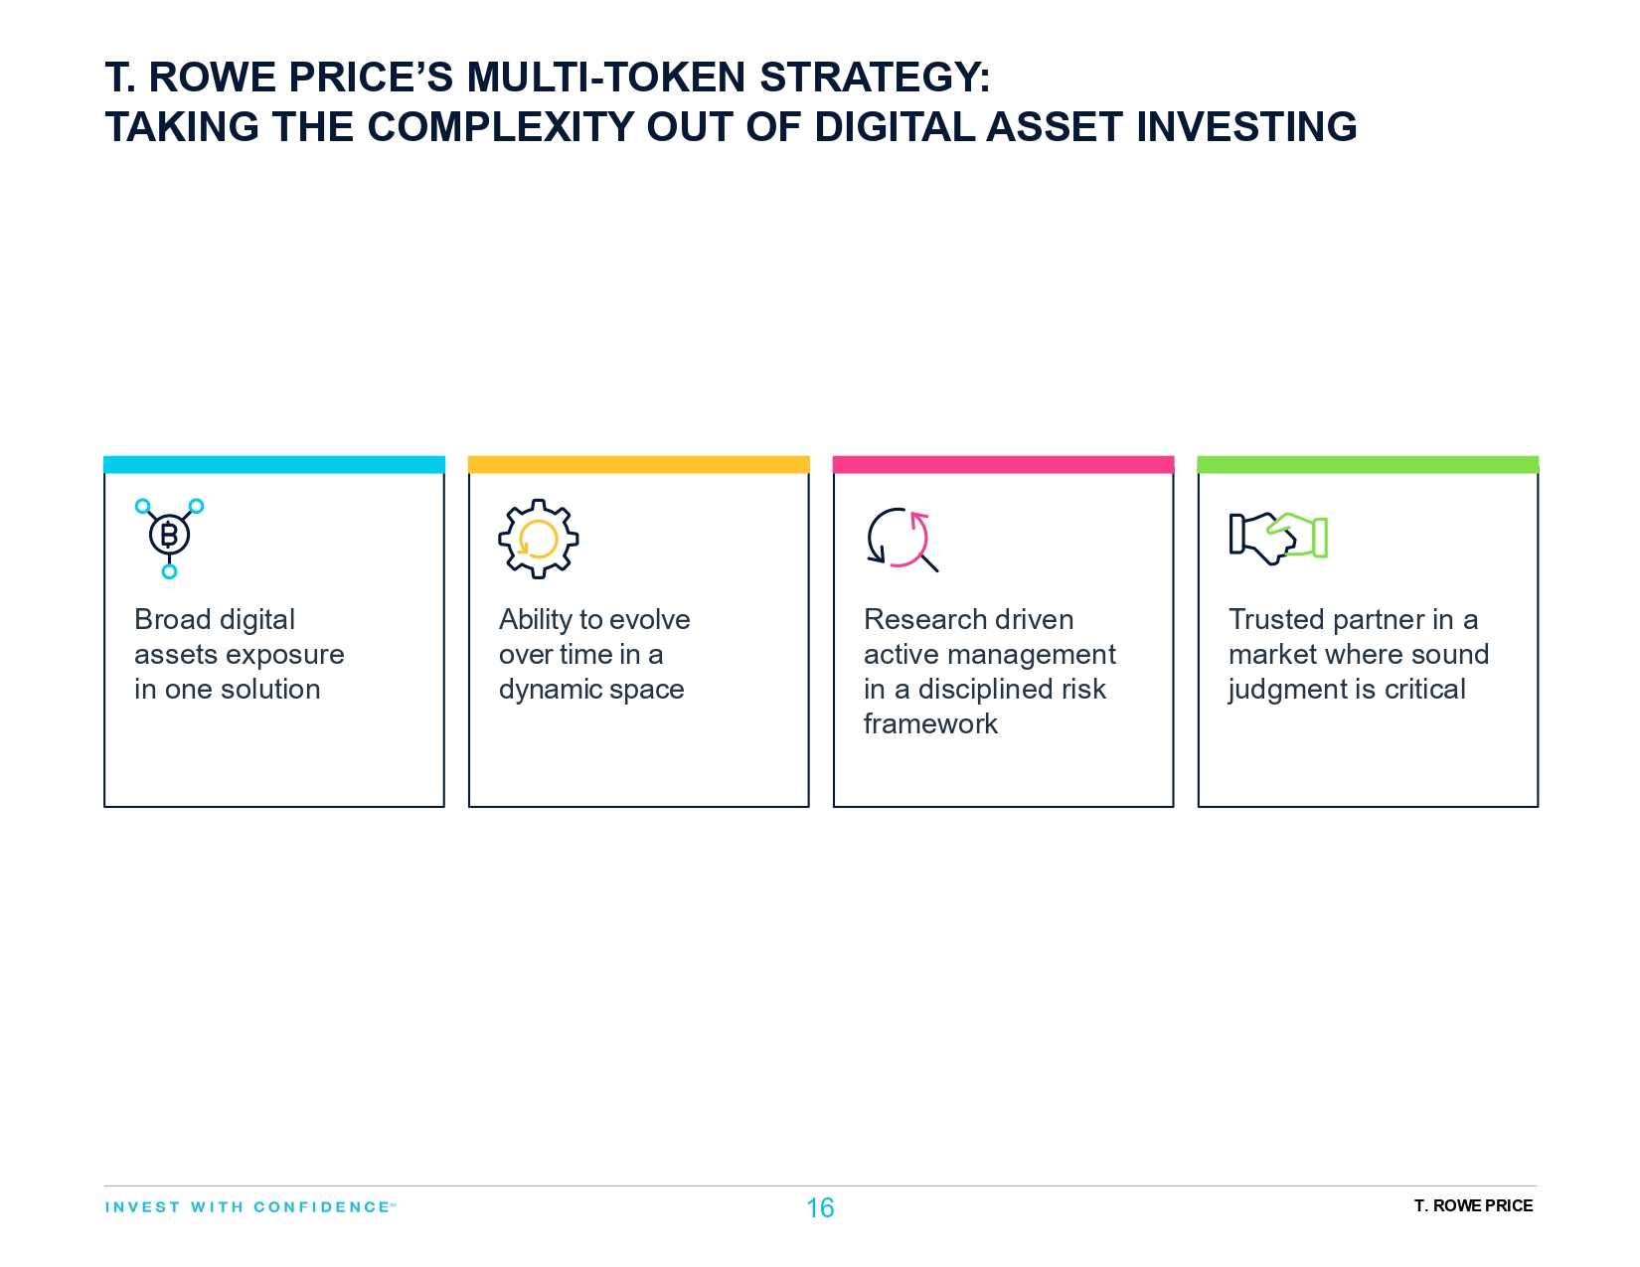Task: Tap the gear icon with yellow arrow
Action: [x=538, y=539]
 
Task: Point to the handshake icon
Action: [x=1278, y=538]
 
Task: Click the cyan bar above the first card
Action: [x=274, y=464]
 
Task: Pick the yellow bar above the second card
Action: [x=638, y=464]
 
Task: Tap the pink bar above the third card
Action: [x=1003, y=464]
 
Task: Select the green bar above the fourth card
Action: [x=1368, y=464]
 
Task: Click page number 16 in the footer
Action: [x=820, y=1207]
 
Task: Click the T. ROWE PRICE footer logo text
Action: [x=1473, y=1205]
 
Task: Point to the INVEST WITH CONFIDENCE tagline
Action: [x=249, y=1206]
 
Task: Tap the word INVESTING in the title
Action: [x=1246, y=127]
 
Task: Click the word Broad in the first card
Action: [x=172, y=619]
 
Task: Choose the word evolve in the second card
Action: [x=650, y=619]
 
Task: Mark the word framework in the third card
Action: [x=930, y=723]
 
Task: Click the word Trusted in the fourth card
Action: [x=1276, y=619]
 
